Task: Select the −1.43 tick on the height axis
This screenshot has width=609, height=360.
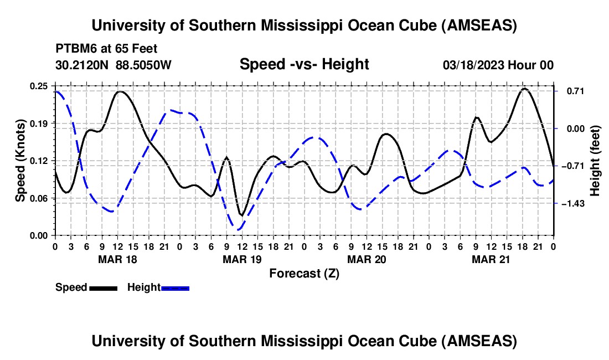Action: click(573, 204)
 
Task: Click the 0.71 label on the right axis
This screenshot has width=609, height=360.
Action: click(576, 91)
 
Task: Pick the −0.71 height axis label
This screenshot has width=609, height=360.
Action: click(573, 166)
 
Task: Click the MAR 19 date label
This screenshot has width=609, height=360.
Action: click(242, 259)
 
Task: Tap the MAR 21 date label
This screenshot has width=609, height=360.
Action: click(491, 259)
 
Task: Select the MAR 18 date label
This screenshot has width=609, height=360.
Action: click(117, 259)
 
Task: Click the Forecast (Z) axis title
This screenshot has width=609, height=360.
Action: click(304, 274)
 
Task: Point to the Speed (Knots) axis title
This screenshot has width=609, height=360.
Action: click(20, 161)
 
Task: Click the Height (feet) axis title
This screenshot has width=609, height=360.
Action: click(595, 161)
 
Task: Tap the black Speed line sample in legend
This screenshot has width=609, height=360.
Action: click(104, 289)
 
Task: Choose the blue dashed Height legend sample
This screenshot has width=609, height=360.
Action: click(175, 289)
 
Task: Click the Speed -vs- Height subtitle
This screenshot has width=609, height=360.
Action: click(304, 64)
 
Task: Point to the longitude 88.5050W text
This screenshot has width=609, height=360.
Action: click(143, 65)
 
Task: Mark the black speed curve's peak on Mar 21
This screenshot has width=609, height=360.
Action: click(524, 89)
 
